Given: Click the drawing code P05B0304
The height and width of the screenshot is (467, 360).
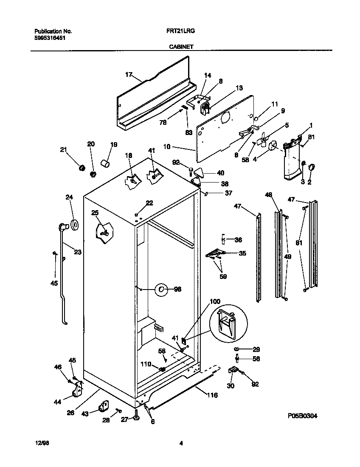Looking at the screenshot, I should [302, 416].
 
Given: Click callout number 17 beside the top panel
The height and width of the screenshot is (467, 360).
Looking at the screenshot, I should [129, 75].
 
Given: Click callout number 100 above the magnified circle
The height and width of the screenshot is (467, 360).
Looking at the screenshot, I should [215, 301].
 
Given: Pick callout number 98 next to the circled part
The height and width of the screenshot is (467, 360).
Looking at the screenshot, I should [177, 289].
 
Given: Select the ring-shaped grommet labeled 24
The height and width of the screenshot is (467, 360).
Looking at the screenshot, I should [75, 225].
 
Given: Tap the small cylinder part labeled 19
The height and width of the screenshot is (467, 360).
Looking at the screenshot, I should [105, 163].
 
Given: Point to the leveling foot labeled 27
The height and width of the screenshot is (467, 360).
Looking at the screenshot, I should [136, 418].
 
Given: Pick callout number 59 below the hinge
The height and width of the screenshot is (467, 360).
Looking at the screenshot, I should [222, 277].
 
